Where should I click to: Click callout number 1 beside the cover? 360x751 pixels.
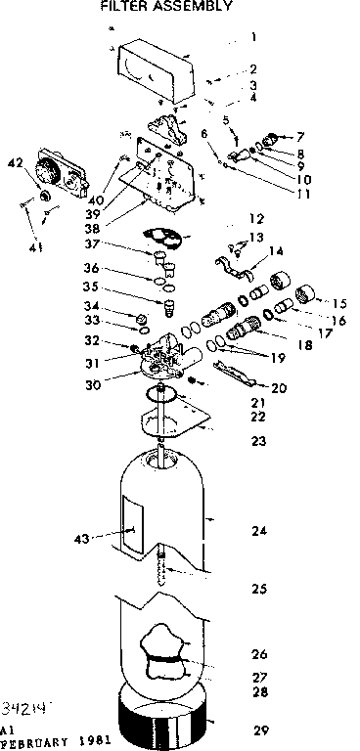[x=252, y=38]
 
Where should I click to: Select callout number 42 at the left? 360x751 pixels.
[x=15, y=163]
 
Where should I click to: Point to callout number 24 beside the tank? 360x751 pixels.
[x=258, y=531]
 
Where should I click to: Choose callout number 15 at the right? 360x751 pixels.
[x=339, y=303]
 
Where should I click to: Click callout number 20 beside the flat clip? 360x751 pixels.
[x=279, y=388]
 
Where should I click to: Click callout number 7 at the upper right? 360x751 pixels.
[x=300, y=136]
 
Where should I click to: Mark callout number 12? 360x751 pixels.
[x=257, y=218]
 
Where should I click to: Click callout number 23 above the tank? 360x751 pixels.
[x=258, y=441]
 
